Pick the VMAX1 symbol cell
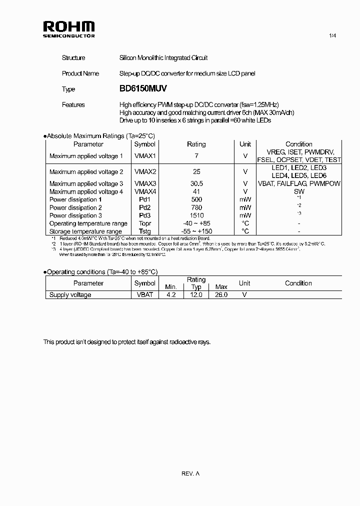coord(145,156)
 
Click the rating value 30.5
coord(196,183)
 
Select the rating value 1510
coord(196,215)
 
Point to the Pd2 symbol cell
coord(145,207)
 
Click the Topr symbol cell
coord(145,223)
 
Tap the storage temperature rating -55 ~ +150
coord(196,231)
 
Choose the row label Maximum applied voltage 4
coord(86,191)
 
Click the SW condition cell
coord(298,191)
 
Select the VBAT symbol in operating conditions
coord(145,295)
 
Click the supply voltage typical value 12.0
coord(196,295)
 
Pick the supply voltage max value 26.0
coord(220,295)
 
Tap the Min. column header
coord(171,287)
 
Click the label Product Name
coord(80,73)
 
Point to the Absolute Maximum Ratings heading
coord(99,136)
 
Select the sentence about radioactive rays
coord(127,342)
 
